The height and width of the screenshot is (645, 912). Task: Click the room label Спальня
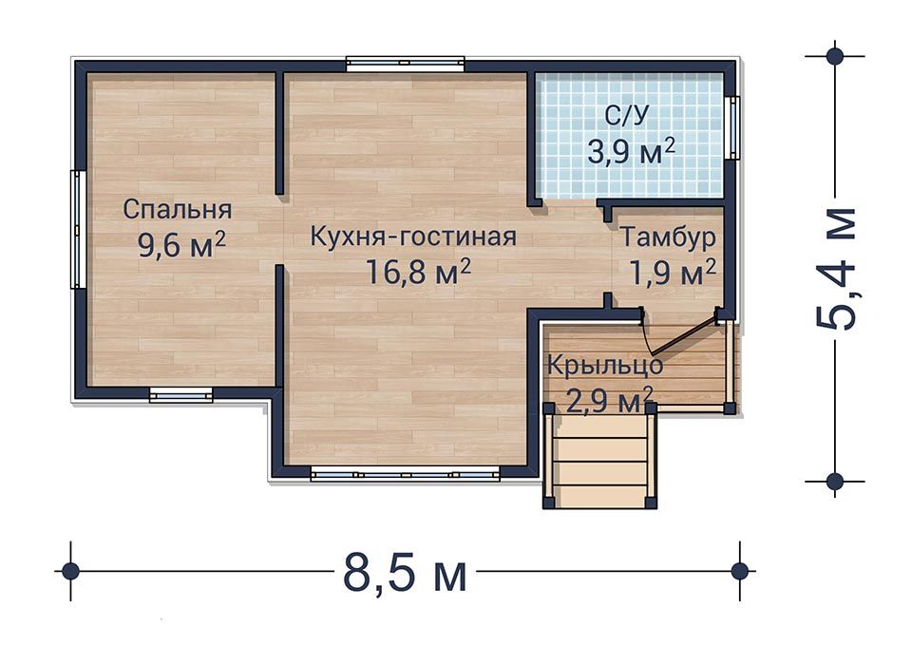178,209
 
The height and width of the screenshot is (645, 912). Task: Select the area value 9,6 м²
181,245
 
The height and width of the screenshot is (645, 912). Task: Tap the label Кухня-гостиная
413,237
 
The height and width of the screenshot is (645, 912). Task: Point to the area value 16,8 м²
418,274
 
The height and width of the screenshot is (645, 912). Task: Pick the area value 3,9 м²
631,152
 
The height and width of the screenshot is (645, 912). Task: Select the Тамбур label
667,237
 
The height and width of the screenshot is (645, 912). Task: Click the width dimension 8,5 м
403,573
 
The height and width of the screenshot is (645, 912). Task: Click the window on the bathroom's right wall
731,127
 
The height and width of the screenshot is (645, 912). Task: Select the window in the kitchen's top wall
405,65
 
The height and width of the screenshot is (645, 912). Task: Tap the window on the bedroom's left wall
78,229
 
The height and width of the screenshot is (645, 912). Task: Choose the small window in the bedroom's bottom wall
180,394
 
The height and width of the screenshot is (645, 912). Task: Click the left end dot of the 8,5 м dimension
68,571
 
